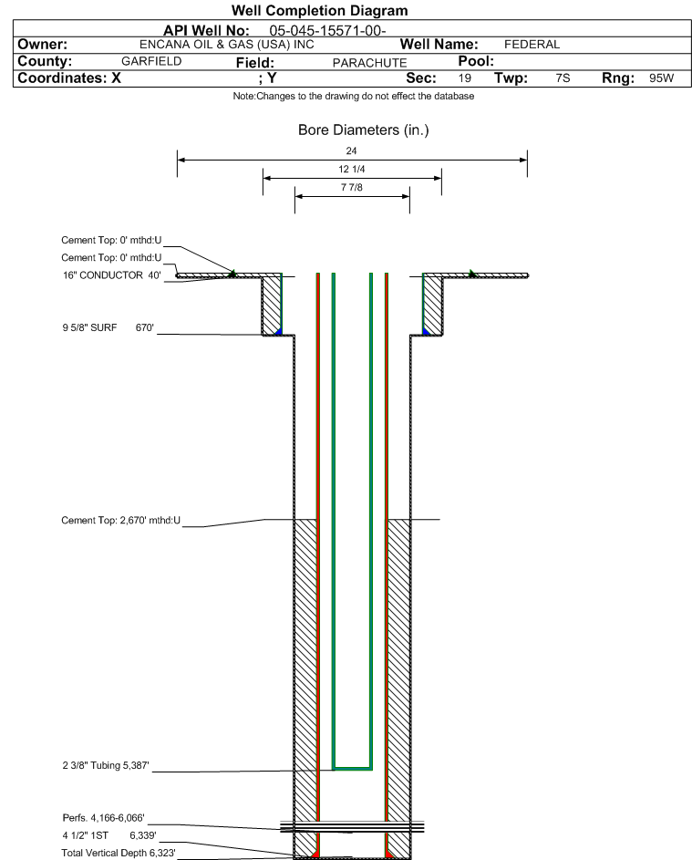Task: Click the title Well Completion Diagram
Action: (x=320, y=10)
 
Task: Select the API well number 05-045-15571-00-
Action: (x=328, y=31)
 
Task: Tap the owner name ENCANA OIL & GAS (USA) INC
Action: (x=227, y=45)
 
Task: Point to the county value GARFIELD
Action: (x=151, y=61)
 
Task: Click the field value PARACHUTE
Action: (x=369, y=63)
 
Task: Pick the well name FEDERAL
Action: (x=532, y=45)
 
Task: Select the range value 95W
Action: (x=661, y=78)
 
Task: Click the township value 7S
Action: (x=563, y=78)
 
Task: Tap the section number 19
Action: (x=464, y=78)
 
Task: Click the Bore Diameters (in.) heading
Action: (x=363, y=130)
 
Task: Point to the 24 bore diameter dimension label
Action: (x=352, y=150)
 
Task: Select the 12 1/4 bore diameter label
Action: (x=352, y=169)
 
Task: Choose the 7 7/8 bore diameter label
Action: (x=352, y=187)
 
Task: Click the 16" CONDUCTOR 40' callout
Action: (x=112, y=275)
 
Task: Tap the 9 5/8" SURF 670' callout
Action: (x=108, y=328)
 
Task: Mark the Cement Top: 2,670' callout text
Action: (x=120, y=521)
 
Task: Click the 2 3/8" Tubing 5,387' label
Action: (x=106, y=765)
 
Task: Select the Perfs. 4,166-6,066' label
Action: (x=104, y=818)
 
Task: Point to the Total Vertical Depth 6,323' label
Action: (x=119, y=853)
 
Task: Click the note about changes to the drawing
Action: (x=354, y=96)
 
